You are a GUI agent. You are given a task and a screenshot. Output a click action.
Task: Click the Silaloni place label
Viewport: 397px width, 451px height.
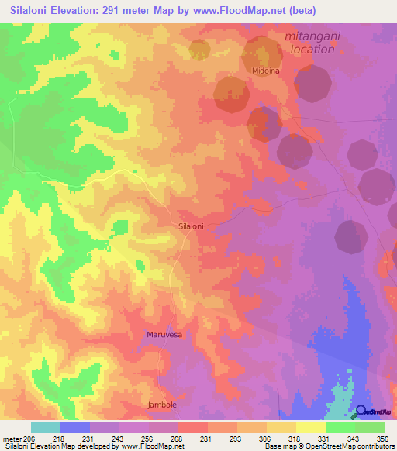191,225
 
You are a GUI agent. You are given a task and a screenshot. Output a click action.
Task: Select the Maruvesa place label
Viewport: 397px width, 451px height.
164,335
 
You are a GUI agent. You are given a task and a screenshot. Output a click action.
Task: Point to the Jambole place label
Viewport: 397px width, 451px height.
162,405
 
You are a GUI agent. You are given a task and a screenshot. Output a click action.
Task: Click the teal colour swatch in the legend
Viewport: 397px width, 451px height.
46,427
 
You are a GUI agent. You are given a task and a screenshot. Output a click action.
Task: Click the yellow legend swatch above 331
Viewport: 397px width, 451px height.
311,427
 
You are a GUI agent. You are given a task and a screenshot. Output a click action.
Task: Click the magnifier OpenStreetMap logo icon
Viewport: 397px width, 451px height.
359,412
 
